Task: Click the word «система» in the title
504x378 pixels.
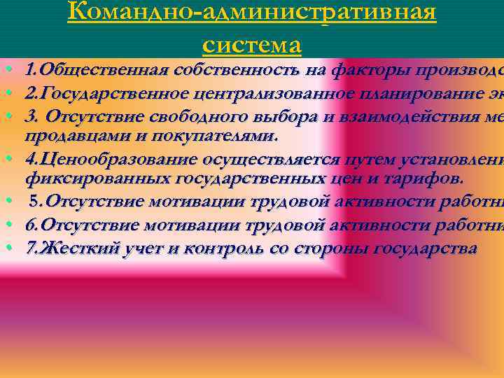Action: coord(252,45)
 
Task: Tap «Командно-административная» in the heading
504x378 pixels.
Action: coord(252,13)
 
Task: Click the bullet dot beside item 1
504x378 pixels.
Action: coord(5,71)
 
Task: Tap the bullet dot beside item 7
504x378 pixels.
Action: coord(5,248)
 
